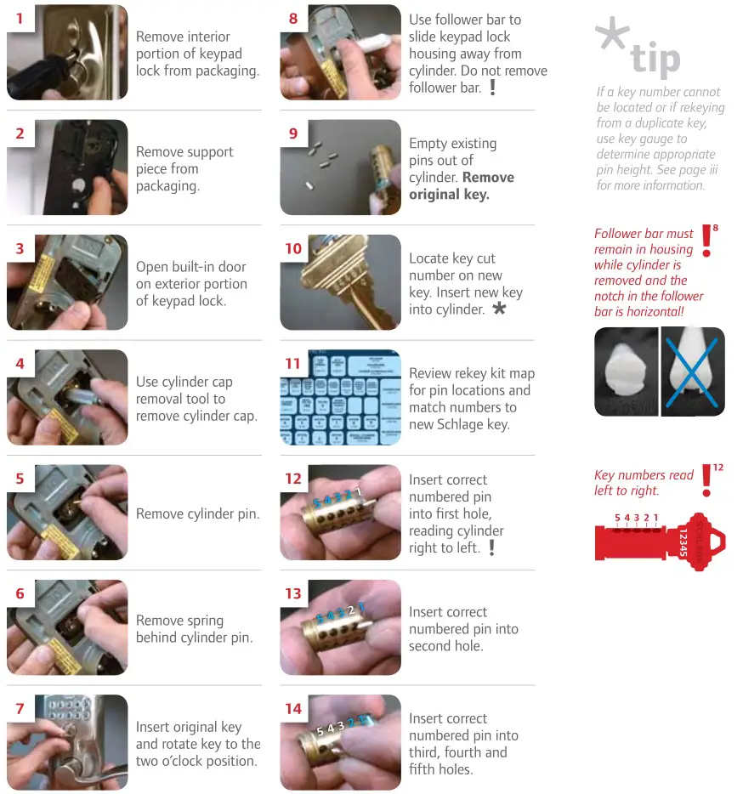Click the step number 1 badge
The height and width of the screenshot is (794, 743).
tap(20, 18)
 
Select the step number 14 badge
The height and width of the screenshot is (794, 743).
tap(293, 708)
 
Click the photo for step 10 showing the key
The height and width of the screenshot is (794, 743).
tap(340, 282)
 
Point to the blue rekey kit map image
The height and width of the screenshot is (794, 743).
tap(340, 397)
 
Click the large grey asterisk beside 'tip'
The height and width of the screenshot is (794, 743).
tap(612, 38)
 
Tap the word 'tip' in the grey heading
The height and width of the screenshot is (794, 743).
tap(655, 60)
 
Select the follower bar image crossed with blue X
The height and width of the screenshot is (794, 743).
tap(693, 371)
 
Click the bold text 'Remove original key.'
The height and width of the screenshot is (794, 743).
tap(462, 185)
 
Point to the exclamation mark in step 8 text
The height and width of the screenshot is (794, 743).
tap(493, 88)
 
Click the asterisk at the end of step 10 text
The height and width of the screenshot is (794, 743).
tap(499, 309)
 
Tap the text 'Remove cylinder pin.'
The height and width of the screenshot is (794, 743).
tap(198, 513)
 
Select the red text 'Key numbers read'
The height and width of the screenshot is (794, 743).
tap(644, 475)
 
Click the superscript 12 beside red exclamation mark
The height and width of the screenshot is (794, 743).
tap(718, 468)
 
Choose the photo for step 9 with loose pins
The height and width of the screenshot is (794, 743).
tap(340, 167)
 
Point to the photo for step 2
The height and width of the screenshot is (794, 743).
tap(67, 167)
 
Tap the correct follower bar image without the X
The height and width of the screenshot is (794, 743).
tap(627, 371)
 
